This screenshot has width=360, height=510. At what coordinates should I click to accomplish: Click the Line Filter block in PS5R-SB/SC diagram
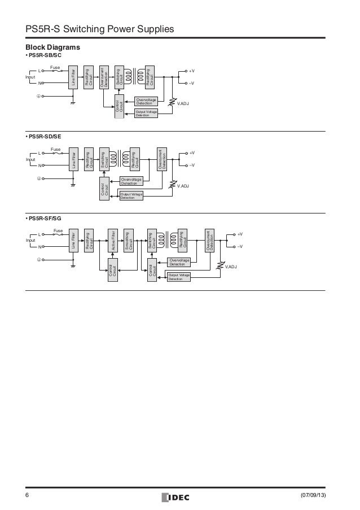coord(73,77)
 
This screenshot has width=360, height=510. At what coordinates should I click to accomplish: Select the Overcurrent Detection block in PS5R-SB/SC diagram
coord(103,77)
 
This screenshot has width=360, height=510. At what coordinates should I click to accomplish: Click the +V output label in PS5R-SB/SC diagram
coord(192,71)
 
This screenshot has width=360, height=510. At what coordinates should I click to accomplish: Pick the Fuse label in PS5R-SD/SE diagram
coord(56,149)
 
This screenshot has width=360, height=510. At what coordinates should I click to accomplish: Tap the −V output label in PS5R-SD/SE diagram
coord(192,165)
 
